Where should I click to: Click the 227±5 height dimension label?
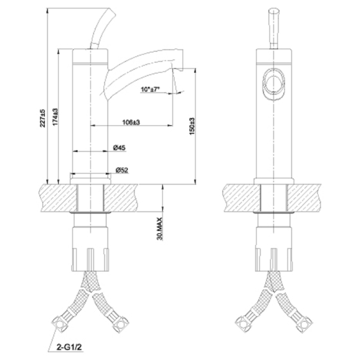pos(43,118)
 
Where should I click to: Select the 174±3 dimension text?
pos(56,117)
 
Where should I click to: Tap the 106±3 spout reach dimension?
pos(131,122)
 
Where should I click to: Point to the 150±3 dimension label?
pos(192,126)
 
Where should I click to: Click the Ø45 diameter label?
pos(119,148)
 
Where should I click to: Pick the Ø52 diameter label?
pos(122,170)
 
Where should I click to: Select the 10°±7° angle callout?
pos(150,89)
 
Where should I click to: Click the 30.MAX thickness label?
pos(160,229)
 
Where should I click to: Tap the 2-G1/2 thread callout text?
pos(69,347)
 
